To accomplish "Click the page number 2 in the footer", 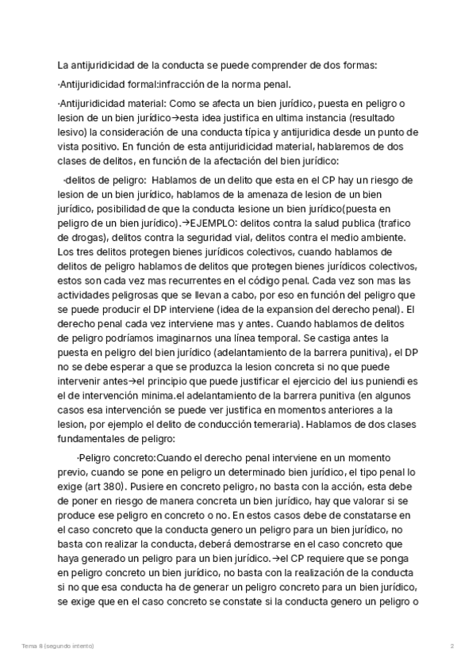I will click(x=451, y=647).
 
